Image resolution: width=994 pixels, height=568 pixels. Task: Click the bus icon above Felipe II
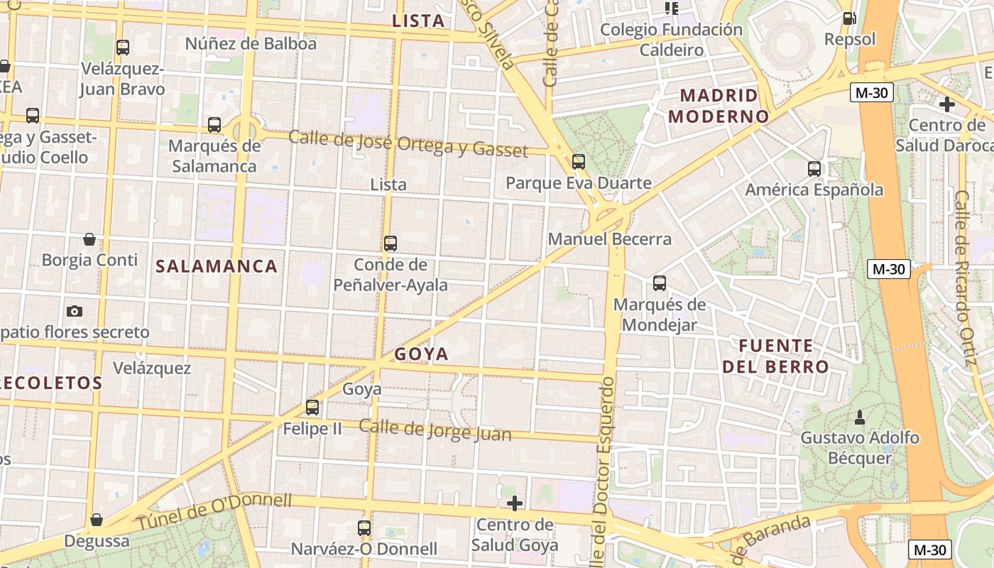point(312,408)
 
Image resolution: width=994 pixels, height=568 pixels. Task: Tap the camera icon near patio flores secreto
point(74,311)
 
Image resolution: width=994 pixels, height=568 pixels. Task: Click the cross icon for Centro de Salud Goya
point(515,504)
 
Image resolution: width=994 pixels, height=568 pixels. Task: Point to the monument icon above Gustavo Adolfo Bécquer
point(860,415)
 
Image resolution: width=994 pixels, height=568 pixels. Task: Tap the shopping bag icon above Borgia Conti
point(89,239)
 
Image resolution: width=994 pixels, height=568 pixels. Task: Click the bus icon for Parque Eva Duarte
point(579,162)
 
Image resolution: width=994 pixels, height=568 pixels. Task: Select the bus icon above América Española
point(814,169)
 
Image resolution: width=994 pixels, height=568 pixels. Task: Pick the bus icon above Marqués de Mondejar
point(660,283)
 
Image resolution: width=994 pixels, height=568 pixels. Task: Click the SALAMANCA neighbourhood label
point(217,266)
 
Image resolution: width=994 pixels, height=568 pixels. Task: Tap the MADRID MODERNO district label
point(719,106)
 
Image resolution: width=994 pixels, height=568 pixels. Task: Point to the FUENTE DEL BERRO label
point(775,356)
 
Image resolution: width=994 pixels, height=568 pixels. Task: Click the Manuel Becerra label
point(610,239)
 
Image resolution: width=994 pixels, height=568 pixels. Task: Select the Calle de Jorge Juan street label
point(435,430)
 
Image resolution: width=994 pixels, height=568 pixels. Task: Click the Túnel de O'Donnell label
point(214,511)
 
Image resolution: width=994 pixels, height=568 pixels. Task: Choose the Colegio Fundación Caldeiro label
point(671,40)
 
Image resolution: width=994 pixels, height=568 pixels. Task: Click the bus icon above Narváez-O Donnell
point(364,528)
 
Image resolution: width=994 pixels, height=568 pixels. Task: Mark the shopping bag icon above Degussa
point(97,520)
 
